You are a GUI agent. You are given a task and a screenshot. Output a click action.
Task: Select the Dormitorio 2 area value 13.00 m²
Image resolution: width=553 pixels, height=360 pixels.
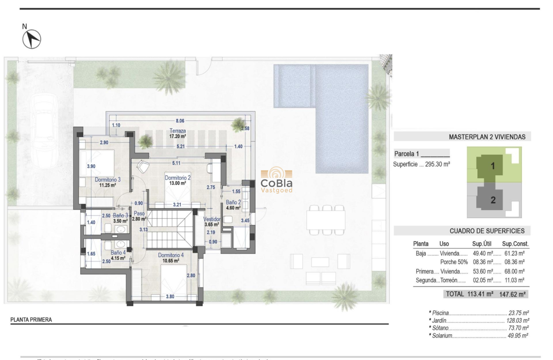(x=177, y=183)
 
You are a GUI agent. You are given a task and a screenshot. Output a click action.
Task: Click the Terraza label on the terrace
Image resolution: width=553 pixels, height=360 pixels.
(x=177, y=131)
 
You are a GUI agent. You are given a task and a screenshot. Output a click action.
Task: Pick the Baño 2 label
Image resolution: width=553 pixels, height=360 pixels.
(x=233, y=202)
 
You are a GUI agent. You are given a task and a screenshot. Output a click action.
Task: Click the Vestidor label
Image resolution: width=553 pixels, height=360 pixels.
(x=211, y=219)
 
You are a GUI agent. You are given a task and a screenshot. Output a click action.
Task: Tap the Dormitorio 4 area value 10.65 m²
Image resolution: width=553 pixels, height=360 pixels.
(x=170, y=260)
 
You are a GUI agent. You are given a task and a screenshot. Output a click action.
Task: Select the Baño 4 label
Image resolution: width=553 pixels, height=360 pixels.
(x=118, y=253)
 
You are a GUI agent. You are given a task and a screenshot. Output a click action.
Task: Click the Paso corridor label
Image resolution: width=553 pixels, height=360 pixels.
(x=139, y=213)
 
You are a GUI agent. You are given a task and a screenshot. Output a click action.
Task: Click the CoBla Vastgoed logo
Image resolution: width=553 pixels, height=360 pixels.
(x=276, y=180)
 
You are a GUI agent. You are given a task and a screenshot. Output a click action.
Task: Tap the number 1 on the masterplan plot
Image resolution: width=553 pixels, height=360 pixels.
(x=493, y=166)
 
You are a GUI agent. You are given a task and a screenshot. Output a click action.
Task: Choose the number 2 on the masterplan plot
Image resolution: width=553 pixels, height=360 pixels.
(x=493, y=200)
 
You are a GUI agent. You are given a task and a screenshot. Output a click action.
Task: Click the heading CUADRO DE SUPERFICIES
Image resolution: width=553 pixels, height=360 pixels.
(x=487, y=231)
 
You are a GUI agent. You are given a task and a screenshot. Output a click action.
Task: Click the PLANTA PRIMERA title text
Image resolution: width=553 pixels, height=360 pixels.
(x=31, y=320)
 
